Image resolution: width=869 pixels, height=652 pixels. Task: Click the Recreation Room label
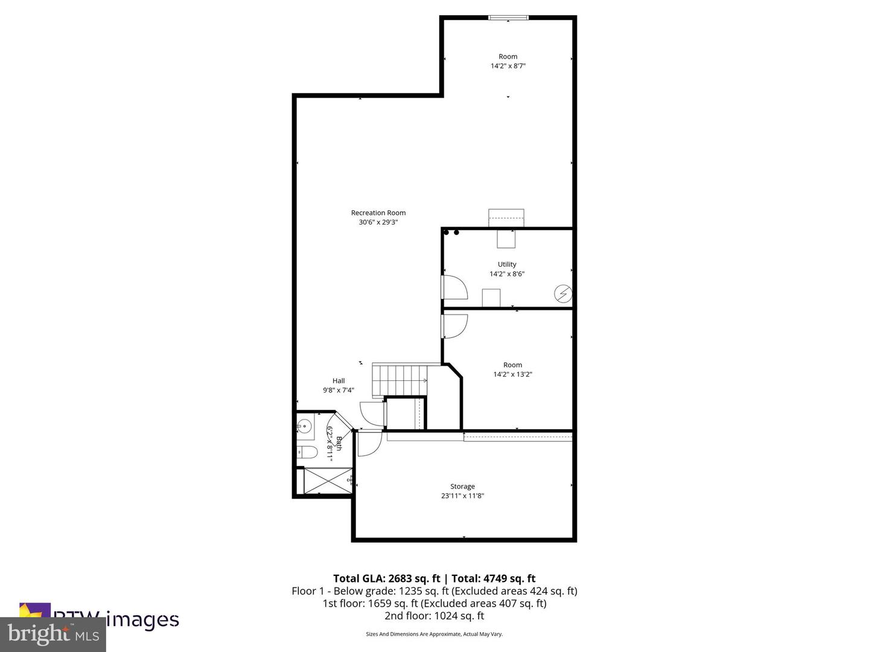(378, 213)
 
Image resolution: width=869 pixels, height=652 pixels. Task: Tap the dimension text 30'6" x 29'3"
(378, 222)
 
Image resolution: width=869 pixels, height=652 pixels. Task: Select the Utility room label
(507, 264)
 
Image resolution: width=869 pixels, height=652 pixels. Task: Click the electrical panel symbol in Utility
(563, 294)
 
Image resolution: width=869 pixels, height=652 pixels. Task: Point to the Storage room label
(462, 487)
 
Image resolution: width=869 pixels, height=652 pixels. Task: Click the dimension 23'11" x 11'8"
(462, 496)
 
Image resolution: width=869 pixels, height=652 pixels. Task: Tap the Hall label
(339, 381)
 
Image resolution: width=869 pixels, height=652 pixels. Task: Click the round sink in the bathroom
(305, 427)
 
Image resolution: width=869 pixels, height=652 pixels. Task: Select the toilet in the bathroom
(307, 452)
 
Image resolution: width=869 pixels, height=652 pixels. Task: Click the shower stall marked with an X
(326, 481)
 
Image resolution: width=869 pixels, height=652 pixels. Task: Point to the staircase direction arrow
(424, 380)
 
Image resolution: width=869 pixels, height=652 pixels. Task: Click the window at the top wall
(508, 18)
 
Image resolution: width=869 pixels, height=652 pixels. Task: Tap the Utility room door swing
(454, 287)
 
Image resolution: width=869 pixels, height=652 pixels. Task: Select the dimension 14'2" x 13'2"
(512, 374)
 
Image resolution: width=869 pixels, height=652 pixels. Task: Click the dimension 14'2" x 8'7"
(508, 66)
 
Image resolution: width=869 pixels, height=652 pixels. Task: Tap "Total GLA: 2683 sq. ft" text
(387, 578)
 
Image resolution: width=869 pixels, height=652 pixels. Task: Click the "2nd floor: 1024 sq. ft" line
(434, 616)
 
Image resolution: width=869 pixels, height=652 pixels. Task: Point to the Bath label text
(339, 443)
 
